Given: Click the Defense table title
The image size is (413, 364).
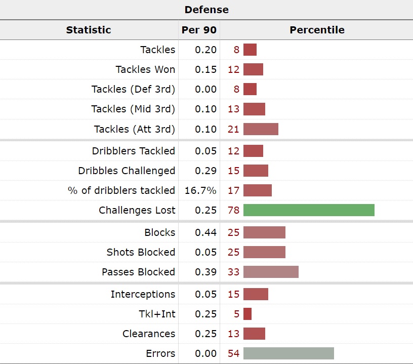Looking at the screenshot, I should click(206, 10).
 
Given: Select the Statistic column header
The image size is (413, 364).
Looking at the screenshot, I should click(89, 30).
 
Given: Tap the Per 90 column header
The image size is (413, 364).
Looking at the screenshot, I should click(199, 30).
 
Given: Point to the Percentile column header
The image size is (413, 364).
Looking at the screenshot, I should click(317, 30).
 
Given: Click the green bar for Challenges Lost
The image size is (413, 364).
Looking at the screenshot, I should click(309, 210).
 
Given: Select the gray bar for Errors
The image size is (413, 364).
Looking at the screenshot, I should click(288, 353).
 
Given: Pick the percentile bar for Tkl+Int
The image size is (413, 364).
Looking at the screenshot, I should click(247, 314).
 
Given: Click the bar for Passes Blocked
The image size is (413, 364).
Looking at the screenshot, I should click(271, 272).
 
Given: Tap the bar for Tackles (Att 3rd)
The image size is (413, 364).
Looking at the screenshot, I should click(261, 129).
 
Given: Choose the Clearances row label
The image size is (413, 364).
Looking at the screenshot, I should click(149, 334).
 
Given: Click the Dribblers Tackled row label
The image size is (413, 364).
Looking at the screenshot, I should click(134, 151).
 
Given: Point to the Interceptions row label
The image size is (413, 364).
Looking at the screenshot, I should click(143, 294).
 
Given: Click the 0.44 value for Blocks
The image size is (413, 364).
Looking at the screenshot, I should click(206, 232).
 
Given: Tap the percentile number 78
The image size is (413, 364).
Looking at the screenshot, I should click(233, 210).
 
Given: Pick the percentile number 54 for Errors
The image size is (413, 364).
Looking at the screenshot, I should click(233, 353).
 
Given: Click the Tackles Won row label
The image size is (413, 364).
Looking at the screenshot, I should click(145, 69).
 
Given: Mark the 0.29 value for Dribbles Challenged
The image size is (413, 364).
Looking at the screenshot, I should click(206, 171).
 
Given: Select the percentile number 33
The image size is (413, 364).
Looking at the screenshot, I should click(233, 272).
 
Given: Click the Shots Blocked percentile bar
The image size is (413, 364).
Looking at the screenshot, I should click(264, 252).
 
